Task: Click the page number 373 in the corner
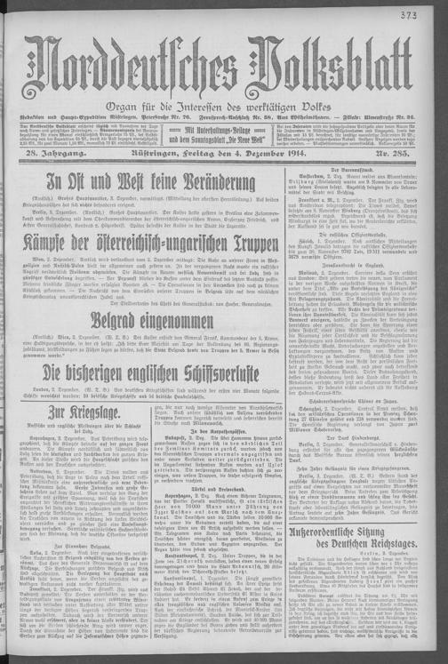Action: click(x=433, y=14)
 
